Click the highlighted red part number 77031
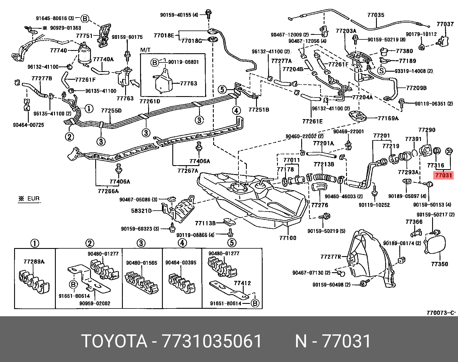click(x=443, y=175)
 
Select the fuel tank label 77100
click(x=287, y=238)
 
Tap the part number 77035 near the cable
click(x=376, y=15)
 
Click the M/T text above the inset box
click(x=145, y=50)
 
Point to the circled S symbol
click(x=381, y=71)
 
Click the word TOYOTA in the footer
click(x=114, y=341)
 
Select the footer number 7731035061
click(x=212, y=341)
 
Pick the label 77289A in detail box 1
click(x=34, y=262)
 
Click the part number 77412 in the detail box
click(x=242, y=283)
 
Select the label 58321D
click(x=141, y=211)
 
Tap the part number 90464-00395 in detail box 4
click(x=181, y=262)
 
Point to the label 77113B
click(x=205, y=223)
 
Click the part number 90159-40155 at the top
click(x=179, y=15)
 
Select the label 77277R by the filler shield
click(x=331, y=256)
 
